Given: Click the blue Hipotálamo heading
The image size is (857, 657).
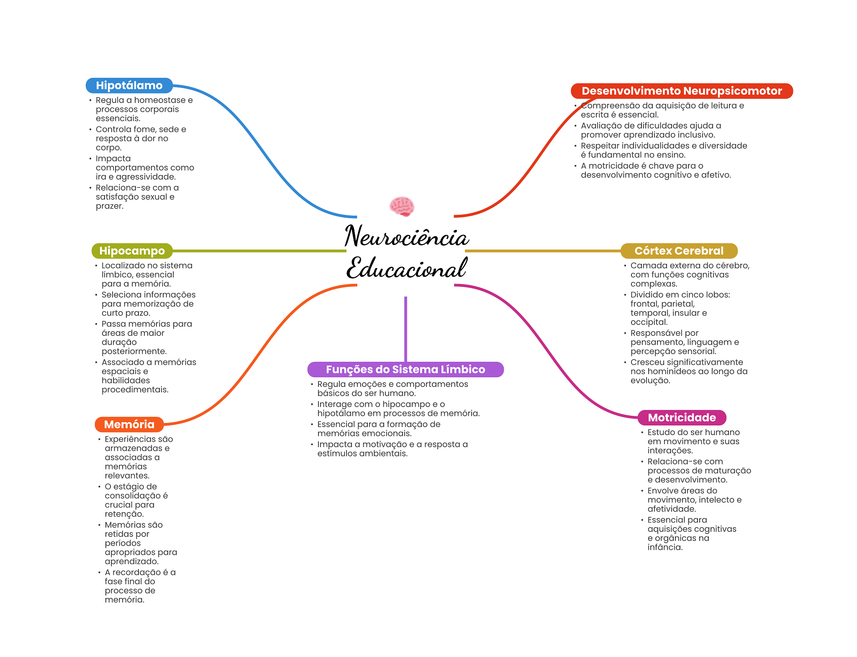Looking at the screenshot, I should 129,85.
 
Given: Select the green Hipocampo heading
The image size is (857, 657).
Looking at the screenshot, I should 132,251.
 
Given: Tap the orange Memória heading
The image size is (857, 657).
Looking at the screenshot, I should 129,424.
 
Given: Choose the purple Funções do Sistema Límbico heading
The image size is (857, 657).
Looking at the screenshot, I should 405,369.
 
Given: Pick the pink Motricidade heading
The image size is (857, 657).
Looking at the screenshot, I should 681,417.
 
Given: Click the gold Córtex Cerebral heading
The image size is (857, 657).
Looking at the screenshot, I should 678,251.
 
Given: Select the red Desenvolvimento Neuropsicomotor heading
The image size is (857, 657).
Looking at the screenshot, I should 681,91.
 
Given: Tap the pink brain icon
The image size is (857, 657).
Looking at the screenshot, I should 402,206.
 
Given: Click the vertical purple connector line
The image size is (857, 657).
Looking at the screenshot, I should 405,329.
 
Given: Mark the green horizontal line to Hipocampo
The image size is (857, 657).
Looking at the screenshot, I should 259,251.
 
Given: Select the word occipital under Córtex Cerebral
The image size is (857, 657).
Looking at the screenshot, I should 649,322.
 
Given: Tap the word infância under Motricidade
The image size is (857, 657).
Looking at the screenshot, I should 665,547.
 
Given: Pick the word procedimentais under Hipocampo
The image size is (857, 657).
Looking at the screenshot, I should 135,389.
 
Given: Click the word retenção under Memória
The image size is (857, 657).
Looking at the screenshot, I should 124,514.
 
